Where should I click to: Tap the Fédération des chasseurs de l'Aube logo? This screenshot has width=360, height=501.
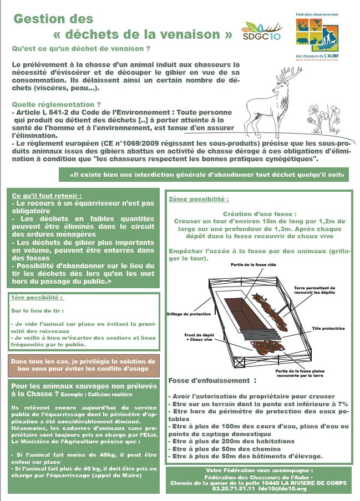318,36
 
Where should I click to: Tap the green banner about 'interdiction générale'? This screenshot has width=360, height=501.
205,175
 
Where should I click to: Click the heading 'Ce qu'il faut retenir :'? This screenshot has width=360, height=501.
47,196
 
